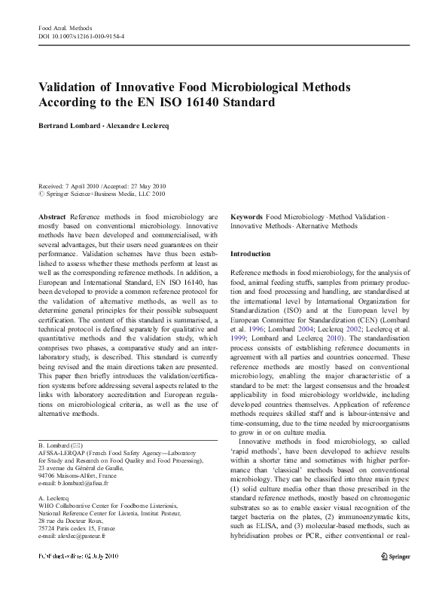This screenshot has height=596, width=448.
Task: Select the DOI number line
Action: pos(81,35)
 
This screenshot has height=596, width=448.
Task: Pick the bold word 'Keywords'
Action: pos(246,216)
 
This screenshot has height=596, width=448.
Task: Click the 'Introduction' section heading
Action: pos(250,255)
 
